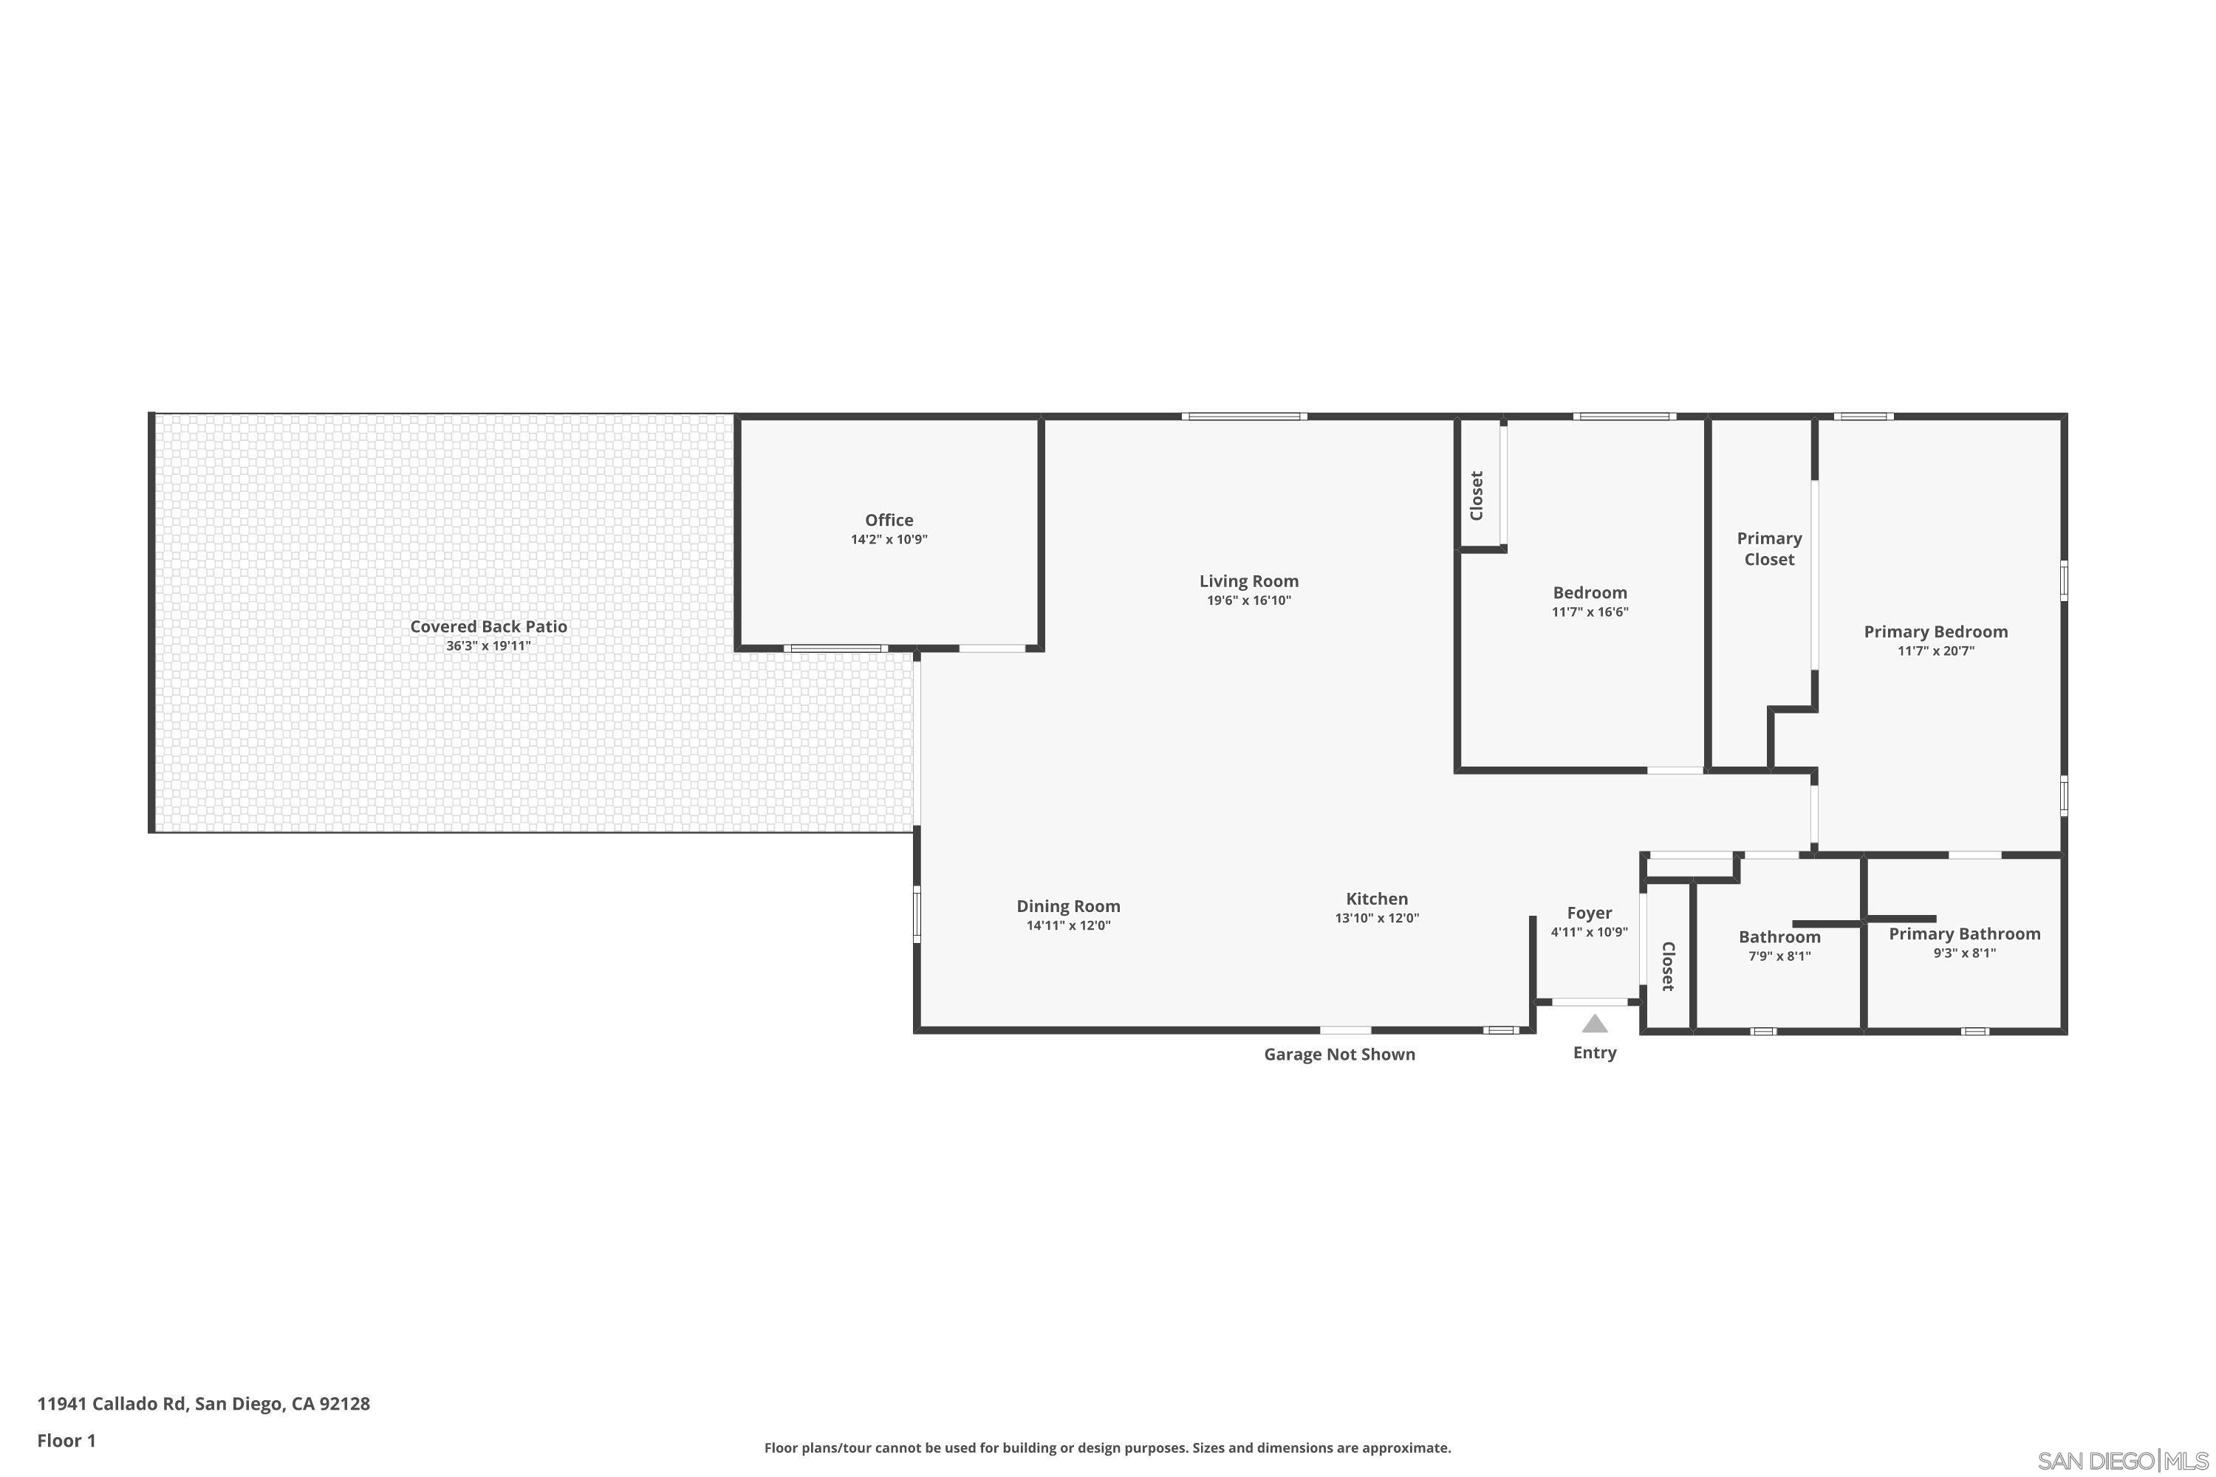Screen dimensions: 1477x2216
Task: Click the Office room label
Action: tap(889, 520)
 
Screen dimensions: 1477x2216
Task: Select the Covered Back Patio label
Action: tap(488, 626)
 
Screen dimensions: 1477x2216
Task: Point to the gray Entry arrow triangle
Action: tap(1594, 1024)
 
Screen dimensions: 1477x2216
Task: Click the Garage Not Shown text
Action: tap(1338, 1054)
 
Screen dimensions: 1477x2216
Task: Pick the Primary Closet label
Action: tap(1768, 548)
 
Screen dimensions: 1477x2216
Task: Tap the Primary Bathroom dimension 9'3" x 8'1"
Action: tap(1963, 953)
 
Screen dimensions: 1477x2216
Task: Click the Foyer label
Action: tap(1589, 913)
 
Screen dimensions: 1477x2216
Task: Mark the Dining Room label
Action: tap(1067, 906)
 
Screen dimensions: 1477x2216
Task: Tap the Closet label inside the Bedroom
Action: tap(1477, 495)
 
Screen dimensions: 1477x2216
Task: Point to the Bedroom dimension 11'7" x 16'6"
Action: tap(1590, 612)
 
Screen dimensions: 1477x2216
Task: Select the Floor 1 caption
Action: tap(66, 1440)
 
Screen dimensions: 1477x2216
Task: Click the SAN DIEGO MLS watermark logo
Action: tap(2124, 1461)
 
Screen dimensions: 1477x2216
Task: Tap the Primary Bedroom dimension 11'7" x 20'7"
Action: tap(1935, 651)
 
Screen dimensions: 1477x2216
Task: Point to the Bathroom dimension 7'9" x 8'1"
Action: tap(1779, 956)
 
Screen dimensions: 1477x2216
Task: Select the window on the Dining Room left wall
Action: tap(916, 914)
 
